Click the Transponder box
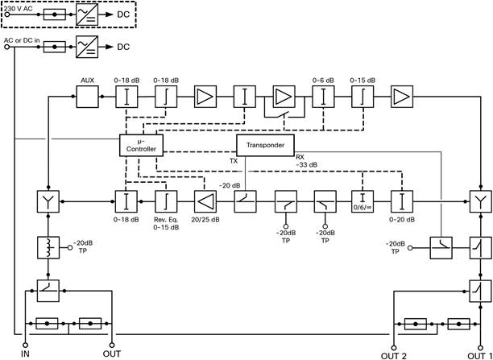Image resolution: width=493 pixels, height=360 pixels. click(265, 145)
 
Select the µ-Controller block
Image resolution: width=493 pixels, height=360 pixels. click(141, 145)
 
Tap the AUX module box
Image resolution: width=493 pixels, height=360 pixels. click(88, 97)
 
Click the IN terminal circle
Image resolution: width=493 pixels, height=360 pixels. click(25, 346)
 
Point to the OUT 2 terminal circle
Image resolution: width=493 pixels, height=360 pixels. click(393, 348)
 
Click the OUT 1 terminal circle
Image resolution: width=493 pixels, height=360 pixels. click(480, 348)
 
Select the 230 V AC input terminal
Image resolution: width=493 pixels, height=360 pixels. click(7, 14)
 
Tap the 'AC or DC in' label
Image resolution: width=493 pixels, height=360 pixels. click(22, 40)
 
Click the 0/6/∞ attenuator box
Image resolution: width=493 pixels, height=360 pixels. click(362, 201)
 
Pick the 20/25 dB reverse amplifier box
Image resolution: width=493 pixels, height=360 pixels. click(205, 201)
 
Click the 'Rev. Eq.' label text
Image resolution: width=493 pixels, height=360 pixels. click(167, 220)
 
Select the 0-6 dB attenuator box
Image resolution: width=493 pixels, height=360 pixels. click(323, 97)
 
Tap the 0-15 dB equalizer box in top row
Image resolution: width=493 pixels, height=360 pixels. click(362, 97)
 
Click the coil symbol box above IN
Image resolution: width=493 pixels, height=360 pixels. click(48, 247)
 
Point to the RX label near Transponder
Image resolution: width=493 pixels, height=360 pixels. click(300, 158)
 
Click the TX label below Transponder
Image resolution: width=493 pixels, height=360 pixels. click(233, 161)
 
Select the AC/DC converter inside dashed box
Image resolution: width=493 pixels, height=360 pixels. click(87, 14)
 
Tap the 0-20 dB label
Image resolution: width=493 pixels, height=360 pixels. click(403, 219)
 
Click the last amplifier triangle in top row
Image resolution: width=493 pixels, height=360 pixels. click(402, 97)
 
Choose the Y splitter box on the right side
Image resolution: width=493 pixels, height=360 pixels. click(480, 201)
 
